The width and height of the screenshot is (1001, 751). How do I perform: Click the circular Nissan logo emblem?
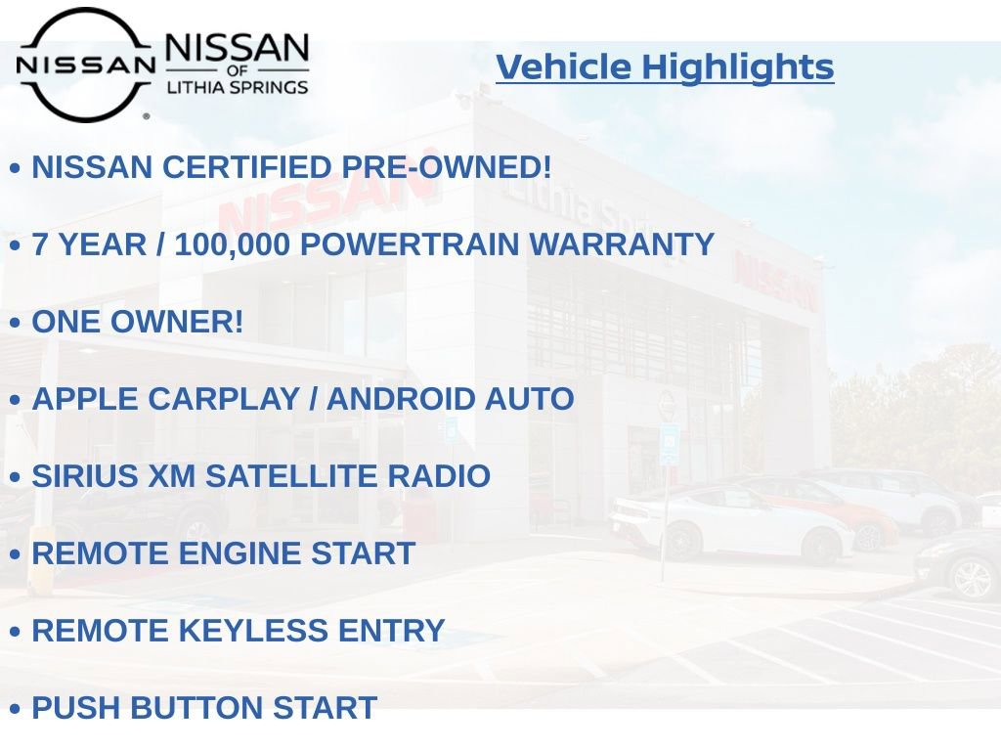click(85, 65)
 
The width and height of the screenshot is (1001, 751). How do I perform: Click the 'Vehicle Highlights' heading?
click(665, 66)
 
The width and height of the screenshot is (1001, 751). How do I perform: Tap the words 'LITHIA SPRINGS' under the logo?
click(237, 88)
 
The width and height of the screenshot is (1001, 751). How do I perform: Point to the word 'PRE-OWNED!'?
click(446, 167)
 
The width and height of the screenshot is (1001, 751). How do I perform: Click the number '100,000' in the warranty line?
click(232, 244)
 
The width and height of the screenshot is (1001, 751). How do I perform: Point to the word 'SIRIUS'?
click(81, 476)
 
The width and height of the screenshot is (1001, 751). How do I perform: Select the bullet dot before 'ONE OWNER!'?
click(15, 323)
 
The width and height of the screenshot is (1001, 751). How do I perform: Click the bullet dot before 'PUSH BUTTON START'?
click(15, 709)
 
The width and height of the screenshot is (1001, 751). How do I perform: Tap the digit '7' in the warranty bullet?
click(41, 244)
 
